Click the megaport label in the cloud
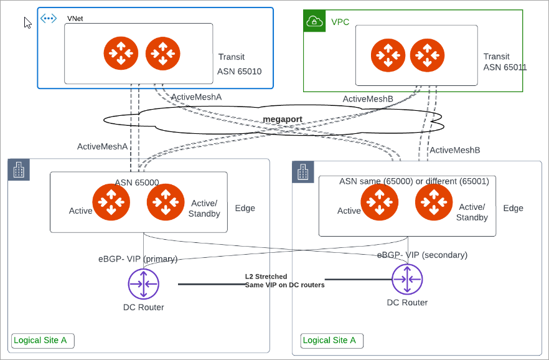point(282,118)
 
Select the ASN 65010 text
point(239,72)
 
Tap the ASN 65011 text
point(505,67)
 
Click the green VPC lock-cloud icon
point(314,22)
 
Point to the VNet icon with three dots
point(49,19)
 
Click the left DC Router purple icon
point(144,285)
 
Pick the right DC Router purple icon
point(407,280)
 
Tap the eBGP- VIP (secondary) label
point(422,255)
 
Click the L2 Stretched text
point(266,276)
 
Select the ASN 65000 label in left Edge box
point(137,182)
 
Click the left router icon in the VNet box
point(121,54)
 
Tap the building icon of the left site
point(18,170)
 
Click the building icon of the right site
point(303,173)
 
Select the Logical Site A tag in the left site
point(42,341)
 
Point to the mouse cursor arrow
point(27,23)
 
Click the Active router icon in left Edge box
point(111,202)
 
